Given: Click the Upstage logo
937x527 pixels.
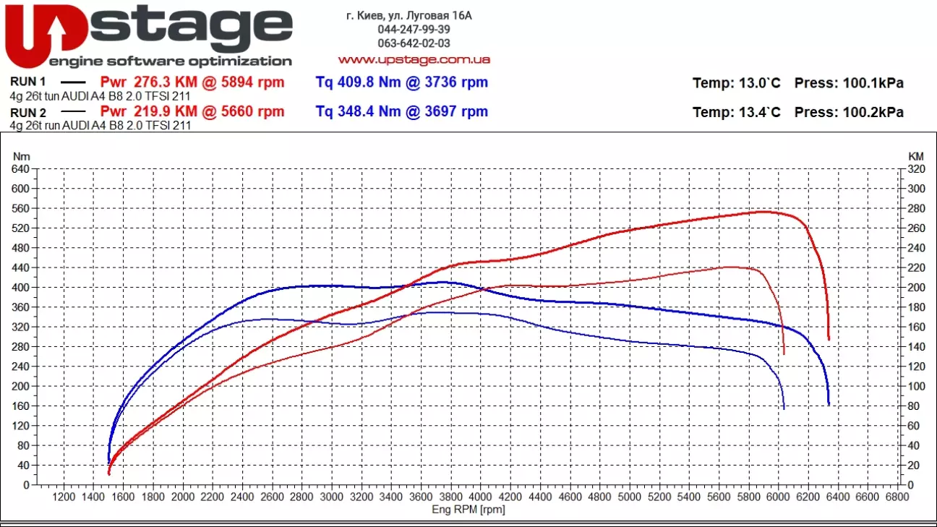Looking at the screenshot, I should pos(148,35).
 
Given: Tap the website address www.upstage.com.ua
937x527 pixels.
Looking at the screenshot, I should pos(414,59).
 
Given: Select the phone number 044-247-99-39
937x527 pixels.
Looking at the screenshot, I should pos(414,30).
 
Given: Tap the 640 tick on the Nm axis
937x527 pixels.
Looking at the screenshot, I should pos(20,169).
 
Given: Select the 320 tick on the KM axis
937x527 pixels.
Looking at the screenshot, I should pos(916,169).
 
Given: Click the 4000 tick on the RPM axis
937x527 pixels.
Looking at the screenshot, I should pos(480,497).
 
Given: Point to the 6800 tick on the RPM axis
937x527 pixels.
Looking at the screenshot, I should pos(897,497).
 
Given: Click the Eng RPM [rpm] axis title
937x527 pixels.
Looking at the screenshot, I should pos(468,510).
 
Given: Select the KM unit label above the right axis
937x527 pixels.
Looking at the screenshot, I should pos(916,156).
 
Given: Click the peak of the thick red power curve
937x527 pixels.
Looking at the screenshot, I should pos(763,212).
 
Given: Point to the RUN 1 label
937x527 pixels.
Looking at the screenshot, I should pos(28,82).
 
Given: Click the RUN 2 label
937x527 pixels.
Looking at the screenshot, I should pos(28,112).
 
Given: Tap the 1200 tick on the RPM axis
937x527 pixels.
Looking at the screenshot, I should pos(64,497).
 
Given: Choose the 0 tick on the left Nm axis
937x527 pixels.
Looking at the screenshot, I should pos(26,485).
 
